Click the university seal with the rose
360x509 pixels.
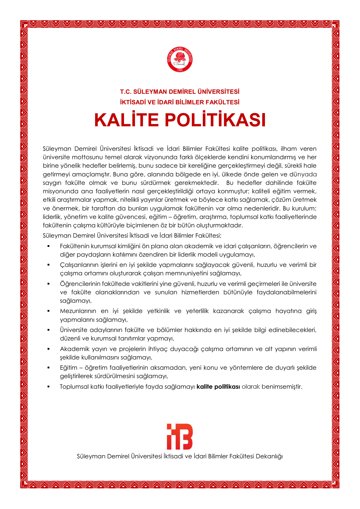pos(180,59)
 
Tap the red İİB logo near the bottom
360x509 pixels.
pos(180,436)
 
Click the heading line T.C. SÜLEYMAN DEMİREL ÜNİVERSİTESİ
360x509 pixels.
pos(180,92)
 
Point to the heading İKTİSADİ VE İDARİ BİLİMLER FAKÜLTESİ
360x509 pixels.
pos(180,102)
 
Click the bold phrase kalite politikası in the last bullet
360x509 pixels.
pos(218,387)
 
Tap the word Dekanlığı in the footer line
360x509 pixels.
pos(269,456)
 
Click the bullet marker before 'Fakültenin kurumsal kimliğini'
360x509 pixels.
pos(48,246)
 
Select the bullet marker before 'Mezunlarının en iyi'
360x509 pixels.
pos(48,311)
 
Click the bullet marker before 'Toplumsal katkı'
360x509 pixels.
pos(48,387)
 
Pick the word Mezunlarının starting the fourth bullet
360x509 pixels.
pos(78,311)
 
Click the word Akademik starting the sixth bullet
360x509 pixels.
pos(73,349)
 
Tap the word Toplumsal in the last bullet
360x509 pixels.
pos(74,387)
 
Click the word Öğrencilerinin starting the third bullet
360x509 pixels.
pos(79,284)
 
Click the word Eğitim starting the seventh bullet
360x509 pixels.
pos(68,368)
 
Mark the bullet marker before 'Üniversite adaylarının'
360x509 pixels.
pos(48,330)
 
